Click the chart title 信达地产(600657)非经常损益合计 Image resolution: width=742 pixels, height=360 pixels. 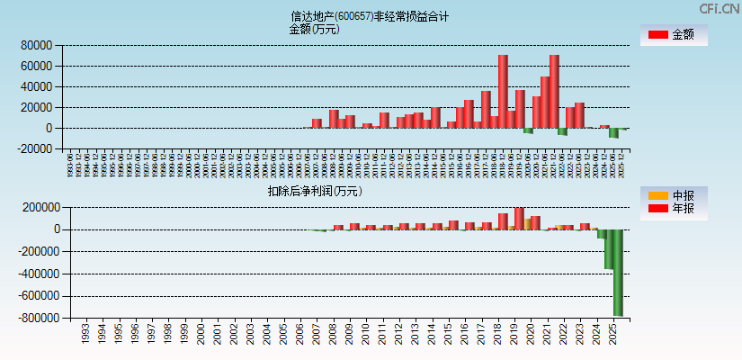370,16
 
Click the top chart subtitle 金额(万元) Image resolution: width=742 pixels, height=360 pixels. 314,29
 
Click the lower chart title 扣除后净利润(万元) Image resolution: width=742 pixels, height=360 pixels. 314,191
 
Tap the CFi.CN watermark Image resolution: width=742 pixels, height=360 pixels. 720,8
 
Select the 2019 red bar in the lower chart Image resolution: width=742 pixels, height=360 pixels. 519,219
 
